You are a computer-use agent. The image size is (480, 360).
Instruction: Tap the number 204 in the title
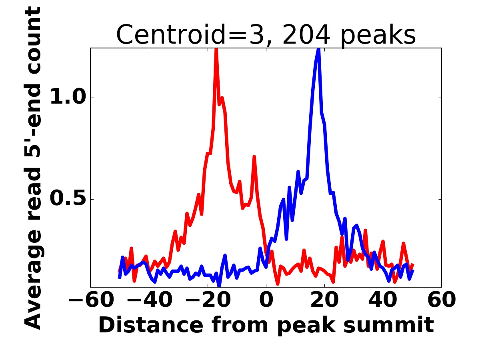[306, 35]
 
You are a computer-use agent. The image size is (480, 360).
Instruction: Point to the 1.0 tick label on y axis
[68, 98]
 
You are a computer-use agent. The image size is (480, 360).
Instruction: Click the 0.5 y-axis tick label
[68, 199]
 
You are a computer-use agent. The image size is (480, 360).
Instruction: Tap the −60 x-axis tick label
[90, 300]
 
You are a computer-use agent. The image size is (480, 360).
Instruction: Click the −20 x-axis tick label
[207, 300]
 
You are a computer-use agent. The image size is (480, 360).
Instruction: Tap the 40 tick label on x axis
[383, 300]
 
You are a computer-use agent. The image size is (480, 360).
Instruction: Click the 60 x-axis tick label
[442, 300]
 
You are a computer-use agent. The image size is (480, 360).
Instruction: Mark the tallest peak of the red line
[216, 50]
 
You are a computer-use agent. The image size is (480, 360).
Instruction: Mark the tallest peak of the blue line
[318, 50]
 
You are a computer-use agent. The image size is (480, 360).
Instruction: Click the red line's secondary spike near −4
[254, 157]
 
